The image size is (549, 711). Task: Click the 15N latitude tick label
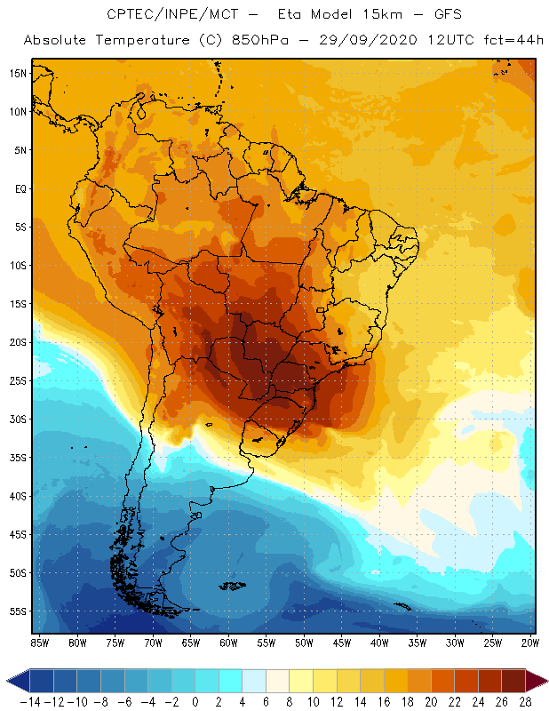[17, 73]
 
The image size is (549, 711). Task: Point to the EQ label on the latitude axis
[19, 188]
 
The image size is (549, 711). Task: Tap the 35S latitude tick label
[17, 458]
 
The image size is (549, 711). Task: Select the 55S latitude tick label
[17, 611]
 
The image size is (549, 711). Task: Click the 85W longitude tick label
[39, 643]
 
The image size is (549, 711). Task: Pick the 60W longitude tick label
[229, 643]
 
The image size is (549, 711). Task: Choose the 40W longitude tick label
[381, 643]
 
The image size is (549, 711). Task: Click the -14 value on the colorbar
[30, 699]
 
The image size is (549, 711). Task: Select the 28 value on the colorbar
[524, 699]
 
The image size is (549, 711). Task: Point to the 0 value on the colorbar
[195, 699]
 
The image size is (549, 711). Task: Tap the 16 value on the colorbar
[383, 699]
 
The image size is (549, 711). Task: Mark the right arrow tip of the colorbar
[544, 681]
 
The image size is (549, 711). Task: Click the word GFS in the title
[442, 15]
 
